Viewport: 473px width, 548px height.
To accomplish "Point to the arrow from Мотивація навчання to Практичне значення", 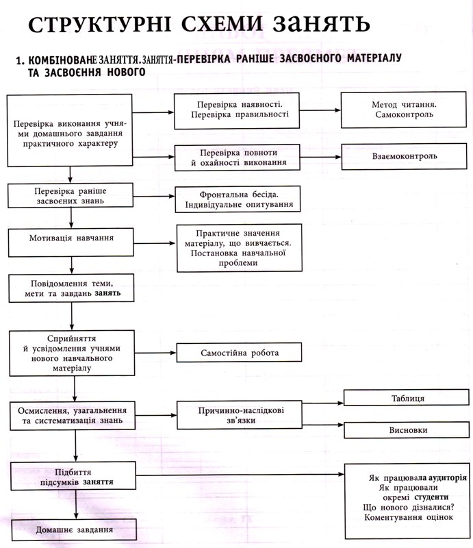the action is (x=155, y=243).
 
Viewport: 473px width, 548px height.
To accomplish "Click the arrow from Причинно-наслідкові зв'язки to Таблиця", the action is (x=323, y=403).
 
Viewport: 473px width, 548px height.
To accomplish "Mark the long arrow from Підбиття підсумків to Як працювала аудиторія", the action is (x=240, y=475).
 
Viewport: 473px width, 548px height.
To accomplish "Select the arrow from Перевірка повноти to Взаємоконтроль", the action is (x=320, y=157).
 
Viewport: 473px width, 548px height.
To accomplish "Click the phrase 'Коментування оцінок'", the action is (x=409, y=517).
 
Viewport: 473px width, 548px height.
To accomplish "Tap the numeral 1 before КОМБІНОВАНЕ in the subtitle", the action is (x=19, y=60).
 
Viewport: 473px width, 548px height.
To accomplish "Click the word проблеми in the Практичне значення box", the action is (x=238, y=263).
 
